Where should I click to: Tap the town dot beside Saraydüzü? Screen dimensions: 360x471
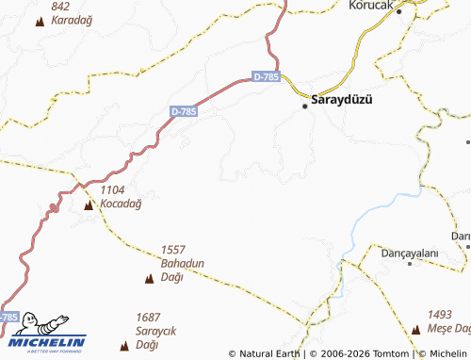pos(305,106)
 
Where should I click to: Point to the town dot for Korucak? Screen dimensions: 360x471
pos(398,12)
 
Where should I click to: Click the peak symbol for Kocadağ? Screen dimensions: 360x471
pos(89,205)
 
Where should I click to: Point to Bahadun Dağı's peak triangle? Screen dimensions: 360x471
pos(149,278)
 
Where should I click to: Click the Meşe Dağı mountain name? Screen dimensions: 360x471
pos(447,328)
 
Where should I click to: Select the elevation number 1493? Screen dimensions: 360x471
pos(441,315)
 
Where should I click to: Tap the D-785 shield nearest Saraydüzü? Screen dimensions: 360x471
pos(267,77)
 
